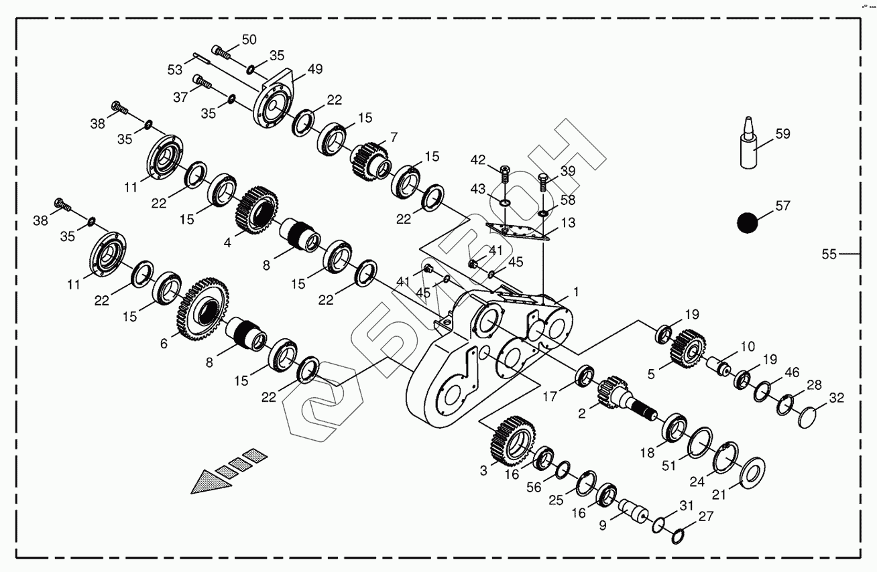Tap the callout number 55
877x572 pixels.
[x=829, y=254]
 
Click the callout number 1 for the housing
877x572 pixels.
[x=574, y=292]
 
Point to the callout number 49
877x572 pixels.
[x=315, y=69]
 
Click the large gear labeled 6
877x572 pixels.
[x=203, y=310]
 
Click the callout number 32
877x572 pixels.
[x=836, y=398]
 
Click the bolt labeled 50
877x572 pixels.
[x=221, y=52]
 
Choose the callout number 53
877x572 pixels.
[x=175, y=69]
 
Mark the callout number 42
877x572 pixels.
[x=477, y=161]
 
